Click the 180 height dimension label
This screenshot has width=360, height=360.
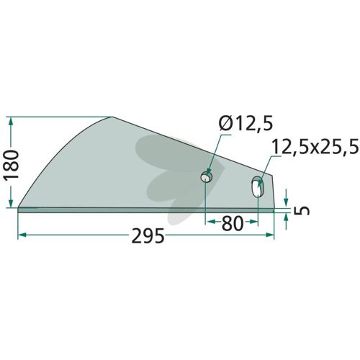click(12, 164)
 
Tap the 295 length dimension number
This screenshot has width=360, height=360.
click(148, 236)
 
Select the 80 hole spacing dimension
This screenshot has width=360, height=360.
click(232, 223)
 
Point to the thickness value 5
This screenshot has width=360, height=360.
click(302, 210)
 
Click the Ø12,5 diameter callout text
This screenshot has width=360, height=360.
click(246, 124)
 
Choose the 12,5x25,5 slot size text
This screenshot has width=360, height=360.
click(315, 146)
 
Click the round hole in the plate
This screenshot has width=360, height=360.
click(206, 177)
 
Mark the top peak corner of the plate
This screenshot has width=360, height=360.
click(112, 117)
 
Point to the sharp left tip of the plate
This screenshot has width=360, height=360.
click(19, 207)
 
